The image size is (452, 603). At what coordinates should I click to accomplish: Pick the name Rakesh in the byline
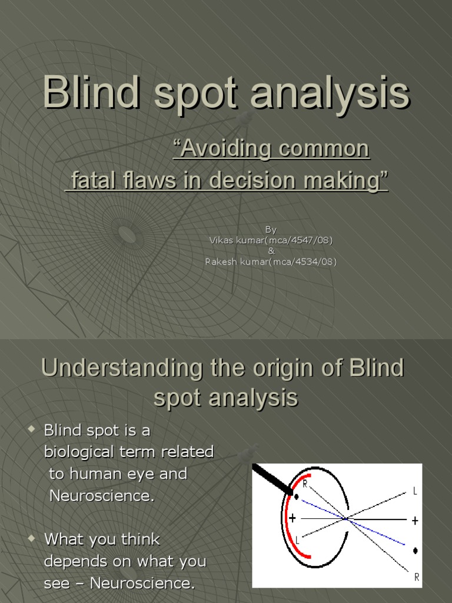tap(221, 261)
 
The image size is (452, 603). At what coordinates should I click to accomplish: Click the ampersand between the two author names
tap(271, 251)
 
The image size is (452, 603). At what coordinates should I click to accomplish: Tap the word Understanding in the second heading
tap(121, 369)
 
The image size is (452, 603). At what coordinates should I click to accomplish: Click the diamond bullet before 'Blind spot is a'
tap(32, 429)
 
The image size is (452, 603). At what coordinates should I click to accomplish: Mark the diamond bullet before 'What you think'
tap(32, 538)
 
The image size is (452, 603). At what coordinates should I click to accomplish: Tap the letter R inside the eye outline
tap(305, 485)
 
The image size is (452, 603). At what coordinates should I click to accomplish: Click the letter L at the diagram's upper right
tap(415, 491)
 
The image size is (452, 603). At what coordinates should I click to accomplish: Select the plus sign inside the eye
tap(293, 518)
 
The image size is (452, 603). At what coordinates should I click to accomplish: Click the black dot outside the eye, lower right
tap(416, 551)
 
